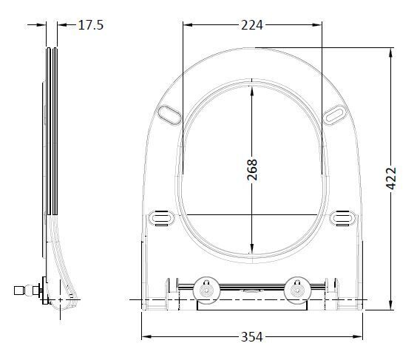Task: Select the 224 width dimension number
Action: [253, 25]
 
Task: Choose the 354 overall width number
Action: [253, 337]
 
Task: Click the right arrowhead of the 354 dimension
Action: [361, 337]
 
